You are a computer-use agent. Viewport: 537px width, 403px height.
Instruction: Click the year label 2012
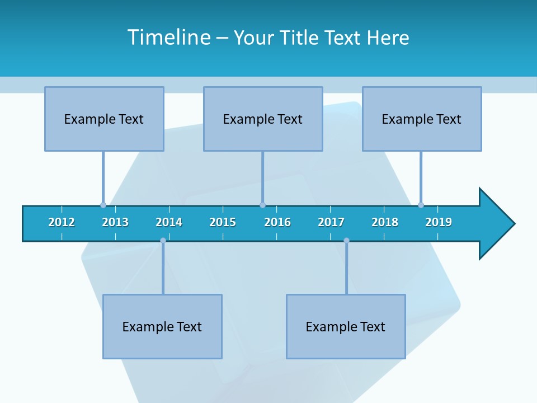62,222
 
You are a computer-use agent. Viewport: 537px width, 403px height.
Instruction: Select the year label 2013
115,222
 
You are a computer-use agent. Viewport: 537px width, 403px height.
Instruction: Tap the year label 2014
169,222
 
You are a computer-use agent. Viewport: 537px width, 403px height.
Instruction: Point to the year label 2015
223,222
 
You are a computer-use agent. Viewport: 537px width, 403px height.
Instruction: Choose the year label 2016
277,222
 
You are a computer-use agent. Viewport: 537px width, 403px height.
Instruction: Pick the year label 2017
331,222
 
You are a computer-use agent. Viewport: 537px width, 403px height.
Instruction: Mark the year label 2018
385,222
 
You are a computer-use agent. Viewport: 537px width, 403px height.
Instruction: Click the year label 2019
439,222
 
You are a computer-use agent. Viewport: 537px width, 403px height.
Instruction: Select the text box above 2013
104,119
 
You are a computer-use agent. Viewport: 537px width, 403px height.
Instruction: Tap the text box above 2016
263,119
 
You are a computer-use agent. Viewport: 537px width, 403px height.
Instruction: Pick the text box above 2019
422,119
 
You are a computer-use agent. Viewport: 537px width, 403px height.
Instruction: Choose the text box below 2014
162,326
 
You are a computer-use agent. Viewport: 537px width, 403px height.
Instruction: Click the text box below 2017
346,326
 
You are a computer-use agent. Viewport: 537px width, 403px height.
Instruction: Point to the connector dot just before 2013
103,205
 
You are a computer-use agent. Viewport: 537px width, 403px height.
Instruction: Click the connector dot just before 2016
262,205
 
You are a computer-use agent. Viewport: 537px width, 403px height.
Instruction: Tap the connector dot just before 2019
421,205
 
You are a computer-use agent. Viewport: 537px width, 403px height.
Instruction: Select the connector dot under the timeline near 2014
163,240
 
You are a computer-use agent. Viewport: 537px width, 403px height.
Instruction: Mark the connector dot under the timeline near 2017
346,240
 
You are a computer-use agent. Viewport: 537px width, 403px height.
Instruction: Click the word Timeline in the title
169,38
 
